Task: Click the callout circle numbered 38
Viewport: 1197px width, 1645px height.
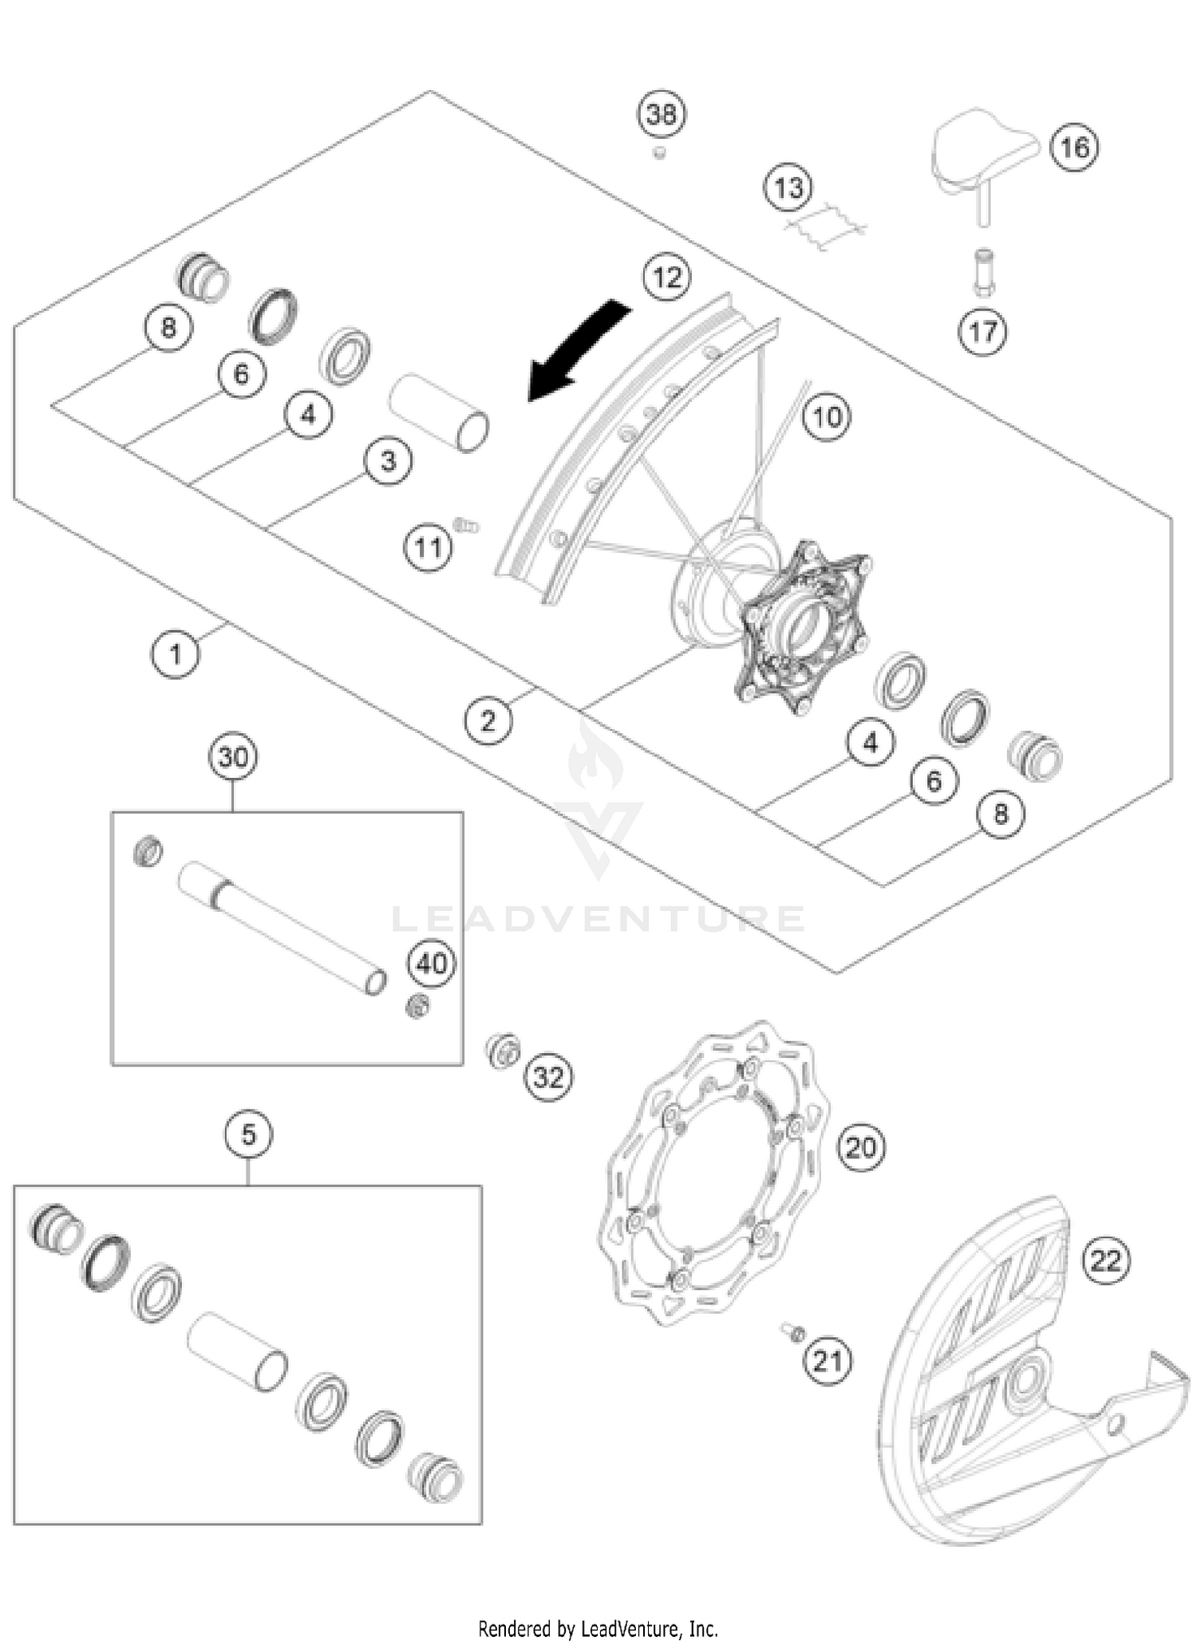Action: click(x=662, y=115)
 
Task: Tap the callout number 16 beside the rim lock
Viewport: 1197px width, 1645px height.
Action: click(x=1073, y=148)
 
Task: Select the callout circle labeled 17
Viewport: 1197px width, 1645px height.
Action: click(x=982, y=331)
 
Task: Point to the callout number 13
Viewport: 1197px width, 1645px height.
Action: click(x=788, y=188)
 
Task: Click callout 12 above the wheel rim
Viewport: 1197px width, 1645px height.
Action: click(x=667, y=278)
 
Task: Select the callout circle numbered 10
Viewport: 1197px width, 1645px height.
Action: click(x=827, y=416)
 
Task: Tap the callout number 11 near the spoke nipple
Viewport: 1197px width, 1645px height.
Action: click(x=428, y=548)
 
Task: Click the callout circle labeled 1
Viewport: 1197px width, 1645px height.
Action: click(x=175, y=654)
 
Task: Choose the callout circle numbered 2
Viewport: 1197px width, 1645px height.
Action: click(x=488, y=721)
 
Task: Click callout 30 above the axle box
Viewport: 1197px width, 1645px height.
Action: click(x=233, y=756)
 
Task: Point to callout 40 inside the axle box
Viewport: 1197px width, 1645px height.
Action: click(x=432, y=964)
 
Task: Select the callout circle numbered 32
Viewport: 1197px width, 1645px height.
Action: click(x=548, y=1078)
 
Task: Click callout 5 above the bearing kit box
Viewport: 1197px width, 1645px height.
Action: click(x=248, y=1134)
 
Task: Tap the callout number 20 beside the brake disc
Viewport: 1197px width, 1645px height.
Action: click(x=860, y=1148)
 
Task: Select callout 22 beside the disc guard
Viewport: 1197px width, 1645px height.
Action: click(x=1106, y=1261)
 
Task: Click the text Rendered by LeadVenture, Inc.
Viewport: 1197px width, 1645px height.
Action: click(x=598, y=1628)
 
